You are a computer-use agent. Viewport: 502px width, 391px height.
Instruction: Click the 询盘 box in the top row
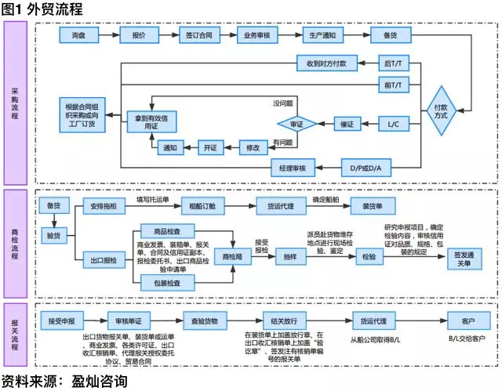tap(78, 36)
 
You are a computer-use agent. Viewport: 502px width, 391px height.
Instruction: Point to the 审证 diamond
tap(297, 124)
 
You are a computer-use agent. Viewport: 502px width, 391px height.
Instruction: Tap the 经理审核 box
tap(292, 168)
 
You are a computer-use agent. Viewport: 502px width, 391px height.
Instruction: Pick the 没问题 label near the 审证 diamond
tap(283, 103)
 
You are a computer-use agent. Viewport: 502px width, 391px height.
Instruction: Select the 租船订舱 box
tap(202, 206)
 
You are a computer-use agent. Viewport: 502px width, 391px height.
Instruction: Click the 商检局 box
tap(234, 256)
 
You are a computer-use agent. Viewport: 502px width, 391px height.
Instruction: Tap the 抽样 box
tap(289, 256)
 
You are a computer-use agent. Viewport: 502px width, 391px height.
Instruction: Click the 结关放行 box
tap(281, 320)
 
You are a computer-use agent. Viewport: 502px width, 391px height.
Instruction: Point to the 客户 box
tap(467, 320)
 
